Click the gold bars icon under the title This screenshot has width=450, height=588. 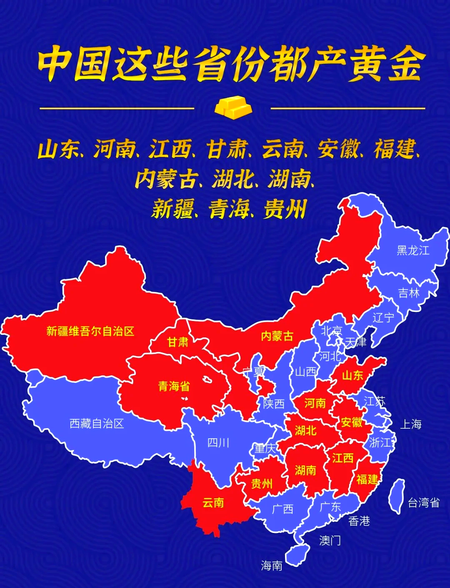point(233,107)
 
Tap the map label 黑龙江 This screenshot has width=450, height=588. point(412,250)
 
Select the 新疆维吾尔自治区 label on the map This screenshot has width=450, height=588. point(90,332)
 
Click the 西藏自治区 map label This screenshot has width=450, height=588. point(97,424)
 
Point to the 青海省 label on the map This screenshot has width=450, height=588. point(174,386)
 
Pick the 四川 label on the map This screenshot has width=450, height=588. point(218,442)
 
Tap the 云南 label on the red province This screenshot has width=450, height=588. point(213,503)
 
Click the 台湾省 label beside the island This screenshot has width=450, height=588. point(423,503)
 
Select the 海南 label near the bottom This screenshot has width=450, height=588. point(272,565)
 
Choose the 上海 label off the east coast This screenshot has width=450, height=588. point(411,425)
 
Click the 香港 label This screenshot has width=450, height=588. point(359,521)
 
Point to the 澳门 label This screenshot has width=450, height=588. point(330,540)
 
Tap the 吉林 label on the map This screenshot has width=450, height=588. point(409,293)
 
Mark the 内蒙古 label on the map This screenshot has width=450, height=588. point(277,336)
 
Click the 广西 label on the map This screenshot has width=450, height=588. point(282,509)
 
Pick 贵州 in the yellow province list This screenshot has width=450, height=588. point(285,209)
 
